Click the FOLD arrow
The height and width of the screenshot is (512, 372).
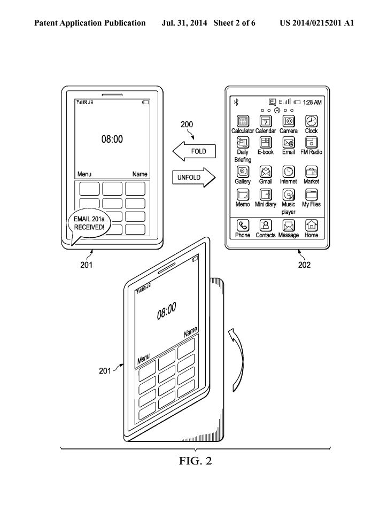tap(194, 151)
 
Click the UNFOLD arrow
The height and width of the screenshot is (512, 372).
tap(194, 177)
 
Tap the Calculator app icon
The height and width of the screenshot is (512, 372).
tap(243, 121)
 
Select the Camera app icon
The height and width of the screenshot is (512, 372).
tap(289, 121)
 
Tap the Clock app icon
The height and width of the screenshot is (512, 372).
tap(311, 121)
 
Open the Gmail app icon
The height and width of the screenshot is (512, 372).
tap(266, 172)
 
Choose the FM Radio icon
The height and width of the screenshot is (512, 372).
tap(311, 142)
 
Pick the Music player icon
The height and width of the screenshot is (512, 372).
tap(289, 195)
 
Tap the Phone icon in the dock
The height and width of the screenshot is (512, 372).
tap(243, 226)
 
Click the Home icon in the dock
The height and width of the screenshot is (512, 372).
tap(311, 226)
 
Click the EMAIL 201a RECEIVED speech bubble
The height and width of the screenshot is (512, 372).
tap(89, 224)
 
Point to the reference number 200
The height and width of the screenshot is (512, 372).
tap(187, 125)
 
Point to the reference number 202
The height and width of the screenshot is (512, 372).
tap(304, 265)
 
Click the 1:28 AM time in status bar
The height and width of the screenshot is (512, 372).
tap(312, 102)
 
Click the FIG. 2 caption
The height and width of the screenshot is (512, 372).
tap(195, 461)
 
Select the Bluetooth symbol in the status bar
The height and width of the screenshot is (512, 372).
tap(236, 102)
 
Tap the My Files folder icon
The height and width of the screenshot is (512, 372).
tap(311, 195)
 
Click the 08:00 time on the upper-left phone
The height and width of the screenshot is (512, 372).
tap(112, 139)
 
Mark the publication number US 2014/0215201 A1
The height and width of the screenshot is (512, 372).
tap(316, 23)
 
